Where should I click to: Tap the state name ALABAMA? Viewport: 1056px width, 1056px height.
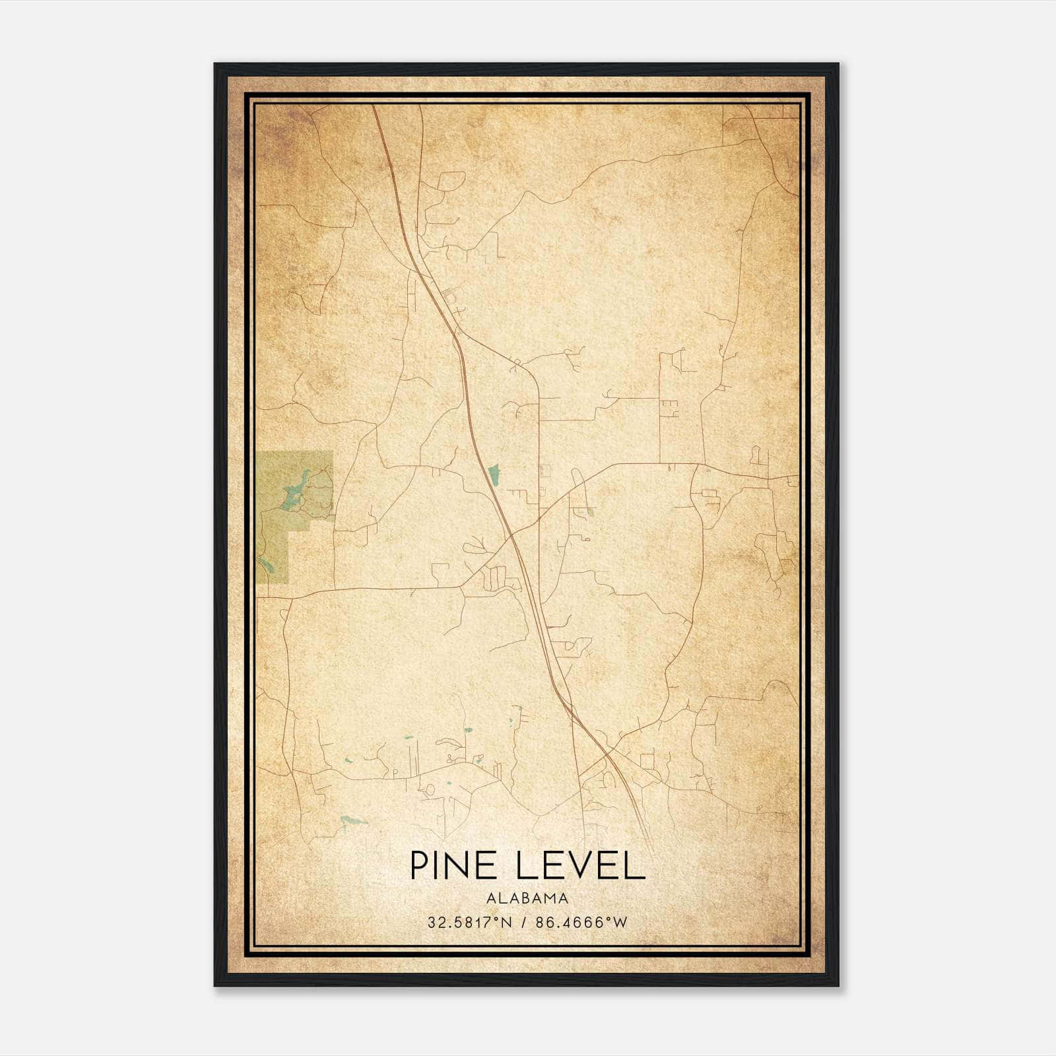(x=527, y=898)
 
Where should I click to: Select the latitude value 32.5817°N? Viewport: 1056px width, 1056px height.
(x=469, y=923)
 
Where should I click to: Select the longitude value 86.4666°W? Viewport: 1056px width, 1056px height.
(x=581, y=923)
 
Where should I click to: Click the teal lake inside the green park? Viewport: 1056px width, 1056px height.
(x=294, y=489)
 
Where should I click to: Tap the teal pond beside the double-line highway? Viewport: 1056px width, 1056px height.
(x=494, y=472)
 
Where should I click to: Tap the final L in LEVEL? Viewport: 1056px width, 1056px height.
(x=634, y=865)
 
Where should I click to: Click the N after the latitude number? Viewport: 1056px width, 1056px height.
(x=507, y=923)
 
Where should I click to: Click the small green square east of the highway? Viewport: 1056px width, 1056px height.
(x=591, y=511)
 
